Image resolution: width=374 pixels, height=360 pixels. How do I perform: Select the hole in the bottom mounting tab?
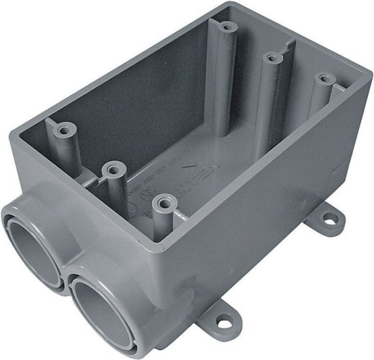click(x=229, y=323)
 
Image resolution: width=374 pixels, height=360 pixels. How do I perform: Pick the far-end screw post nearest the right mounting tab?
click(x=322, y=79)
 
